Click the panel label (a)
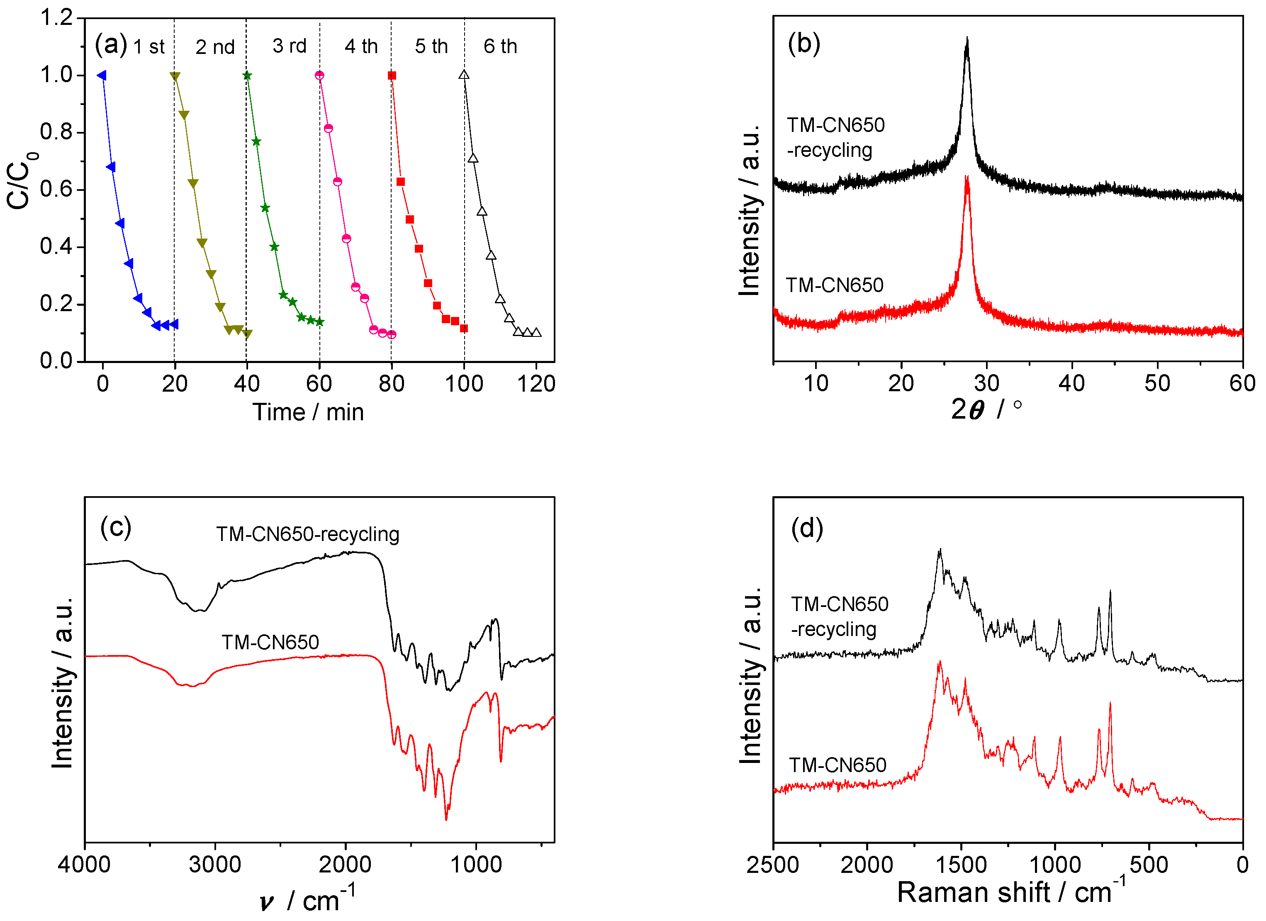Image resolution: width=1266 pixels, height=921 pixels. click(110, 45)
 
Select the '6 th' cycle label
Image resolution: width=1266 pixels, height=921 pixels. click(500, 46)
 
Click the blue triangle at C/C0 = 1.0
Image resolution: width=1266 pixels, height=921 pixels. click(102, 76)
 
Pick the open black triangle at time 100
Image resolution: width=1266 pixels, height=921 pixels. click(464, 75)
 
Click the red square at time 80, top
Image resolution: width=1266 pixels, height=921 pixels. click(392, 76)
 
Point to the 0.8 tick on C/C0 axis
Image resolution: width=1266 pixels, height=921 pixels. click(56, 132)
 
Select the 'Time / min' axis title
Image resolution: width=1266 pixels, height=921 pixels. click(308, 412)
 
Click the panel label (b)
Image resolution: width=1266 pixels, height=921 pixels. click(804, 43)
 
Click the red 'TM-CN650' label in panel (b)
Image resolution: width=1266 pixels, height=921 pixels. click(835, 285)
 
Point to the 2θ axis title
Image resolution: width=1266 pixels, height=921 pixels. click(985, 409)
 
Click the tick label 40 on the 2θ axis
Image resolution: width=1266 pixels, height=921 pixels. click(1071, 383)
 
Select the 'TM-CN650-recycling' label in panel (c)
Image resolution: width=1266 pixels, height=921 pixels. click(307, 534)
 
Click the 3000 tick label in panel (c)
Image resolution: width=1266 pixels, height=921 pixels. click(215, 865)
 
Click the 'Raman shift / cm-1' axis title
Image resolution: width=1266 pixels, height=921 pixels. click(1010, 892)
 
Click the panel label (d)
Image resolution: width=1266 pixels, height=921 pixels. click(807, 527)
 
